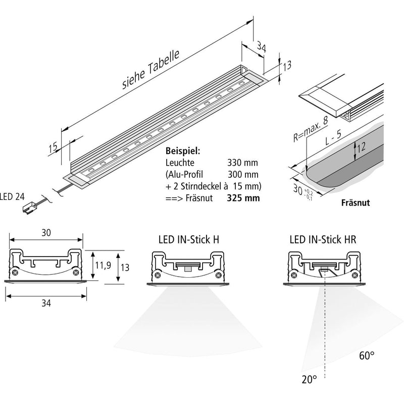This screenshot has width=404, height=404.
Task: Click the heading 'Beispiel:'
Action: (x=183, y=151)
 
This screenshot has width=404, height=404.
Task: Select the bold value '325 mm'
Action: (x=244, y=197)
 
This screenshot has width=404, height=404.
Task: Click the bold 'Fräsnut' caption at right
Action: (x=356, y=204)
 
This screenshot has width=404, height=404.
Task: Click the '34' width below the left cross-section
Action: (x=46, y=302)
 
